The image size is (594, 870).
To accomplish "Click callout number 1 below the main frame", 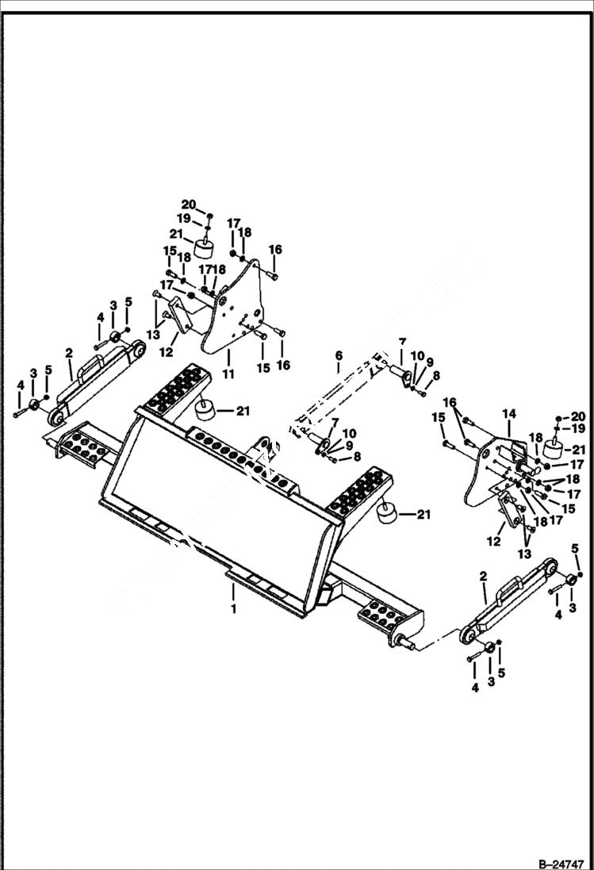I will pyautogui.click(x=233, y=609).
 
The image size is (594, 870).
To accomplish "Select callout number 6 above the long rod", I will pyautogui.click(x=339, y=356).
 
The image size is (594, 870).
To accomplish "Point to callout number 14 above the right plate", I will pyautogui.click(x=508, y=414).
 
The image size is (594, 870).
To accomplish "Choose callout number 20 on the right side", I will pyautogui.click(x=577, y=416).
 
